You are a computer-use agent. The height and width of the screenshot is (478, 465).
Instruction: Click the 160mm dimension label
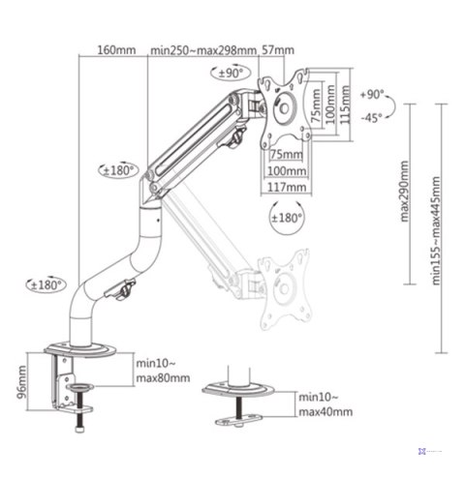click(x=116, y=50)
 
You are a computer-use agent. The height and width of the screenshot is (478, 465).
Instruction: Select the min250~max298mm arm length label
click(x=203, y=50)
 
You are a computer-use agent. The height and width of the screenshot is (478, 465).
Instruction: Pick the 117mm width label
click(x=288, y=186)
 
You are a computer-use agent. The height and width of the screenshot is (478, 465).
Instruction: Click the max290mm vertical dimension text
click(x=404, y=194)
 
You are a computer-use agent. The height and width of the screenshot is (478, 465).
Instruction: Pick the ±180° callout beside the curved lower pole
click(x=45, y=284)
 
